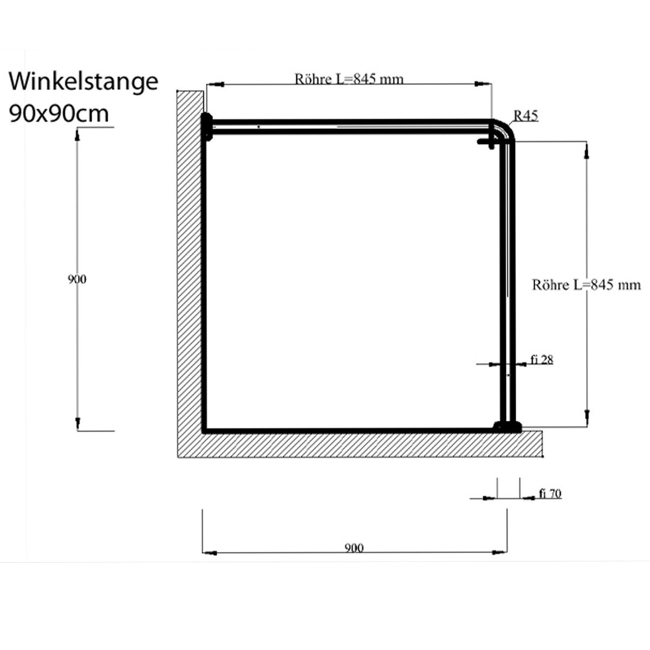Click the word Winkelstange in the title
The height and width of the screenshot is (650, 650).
tap(84, 82)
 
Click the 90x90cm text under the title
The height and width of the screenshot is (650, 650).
tap(59, 113)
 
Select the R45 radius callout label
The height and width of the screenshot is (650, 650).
tap(525, 115)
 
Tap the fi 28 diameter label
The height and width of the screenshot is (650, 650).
tap(542, 360)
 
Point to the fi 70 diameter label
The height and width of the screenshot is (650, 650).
tap(550, 493)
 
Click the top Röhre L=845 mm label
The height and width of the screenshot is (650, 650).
tap(349, 79)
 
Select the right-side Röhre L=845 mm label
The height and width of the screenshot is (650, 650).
tap(586, 285)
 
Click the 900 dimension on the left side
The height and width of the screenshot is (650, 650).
tap(77, 279)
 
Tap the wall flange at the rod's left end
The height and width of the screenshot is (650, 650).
tap(206, 127)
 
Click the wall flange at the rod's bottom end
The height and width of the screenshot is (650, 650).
tap(507, 427)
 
